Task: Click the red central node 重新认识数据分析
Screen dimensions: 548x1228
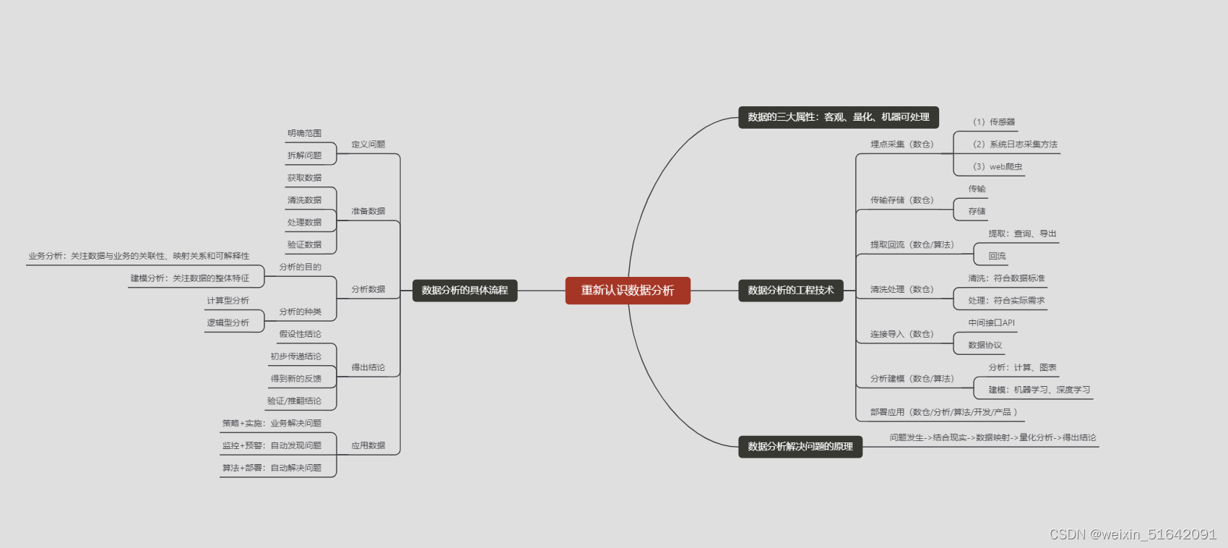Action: point(627,291)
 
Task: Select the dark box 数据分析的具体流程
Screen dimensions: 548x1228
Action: point(464,291)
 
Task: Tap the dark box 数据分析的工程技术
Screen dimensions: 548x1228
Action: point(790,291)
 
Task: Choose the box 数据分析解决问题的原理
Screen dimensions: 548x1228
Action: point(800,447)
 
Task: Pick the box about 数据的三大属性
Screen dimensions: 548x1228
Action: point(838,117)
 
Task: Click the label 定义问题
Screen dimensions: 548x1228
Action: point(368,145)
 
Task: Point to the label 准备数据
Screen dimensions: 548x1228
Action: point(368,212)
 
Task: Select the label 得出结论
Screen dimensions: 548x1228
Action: point(368,368)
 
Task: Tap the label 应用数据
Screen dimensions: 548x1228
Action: point(368,446)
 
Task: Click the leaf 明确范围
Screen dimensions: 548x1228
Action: point(304,134)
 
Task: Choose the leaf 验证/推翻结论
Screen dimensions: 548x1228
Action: point(294,401)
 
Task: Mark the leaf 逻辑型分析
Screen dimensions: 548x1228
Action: point(228,323)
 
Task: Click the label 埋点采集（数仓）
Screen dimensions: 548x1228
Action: point(901,145)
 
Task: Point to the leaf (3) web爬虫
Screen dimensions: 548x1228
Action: point(997,167)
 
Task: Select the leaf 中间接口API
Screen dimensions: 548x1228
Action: point(991,323)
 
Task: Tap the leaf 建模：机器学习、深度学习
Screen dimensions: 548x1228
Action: point(1039,390)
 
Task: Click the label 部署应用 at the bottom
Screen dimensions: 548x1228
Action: point(943,413)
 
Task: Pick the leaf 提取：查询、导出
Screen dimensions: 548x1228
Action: point(1022,234)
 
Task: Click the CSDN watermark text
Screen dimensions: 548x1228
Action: point(1132,534)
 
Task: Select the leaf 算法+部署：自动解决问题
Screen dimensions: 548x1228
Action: point(272,468)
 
